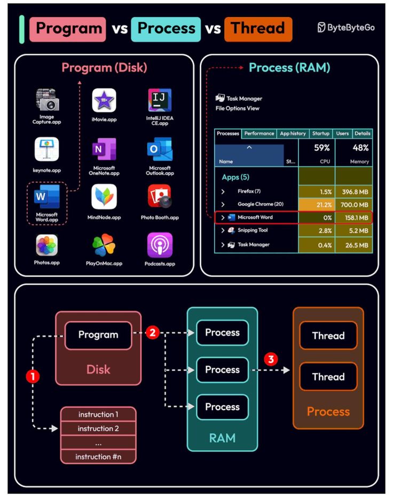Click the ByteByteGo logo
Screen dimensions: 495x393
coord(345,27)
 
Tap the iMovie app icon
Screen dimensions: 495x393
coord(104,100)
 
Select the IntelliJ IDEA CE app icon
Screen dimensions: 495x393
coord(160,100)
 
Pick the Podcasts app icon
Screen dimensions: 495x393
coord(160,245)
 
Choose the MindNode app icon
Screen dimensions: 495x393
coord(104,197)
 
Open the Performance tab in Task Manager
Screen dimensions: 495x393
coord(259,133)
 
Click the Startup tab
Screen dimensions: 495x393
coord(320,133)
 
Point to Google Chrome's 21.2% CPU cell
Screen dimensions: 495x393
coord(317,204)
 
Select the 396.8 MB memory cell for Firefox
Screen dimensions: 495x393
coord(353,191)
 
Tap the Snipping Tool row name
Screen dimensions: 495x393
coord(253,230)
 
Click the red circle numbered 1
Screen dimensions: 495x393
coord(33,376)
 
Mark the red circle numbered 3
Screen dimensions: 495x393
coord(271,359)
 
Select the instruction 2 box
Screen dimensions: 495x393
coord(98,428)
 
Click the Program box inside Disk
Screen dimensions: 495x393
coord(98,335)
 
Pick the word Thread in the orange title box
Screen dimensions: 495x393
coord(258,28)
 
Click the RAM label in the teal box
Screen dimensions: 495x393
coord(222,438)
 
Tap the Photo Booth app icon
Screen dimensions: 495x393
coord(160,197)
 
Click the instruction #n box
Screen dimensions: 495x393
coord(98,457)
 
